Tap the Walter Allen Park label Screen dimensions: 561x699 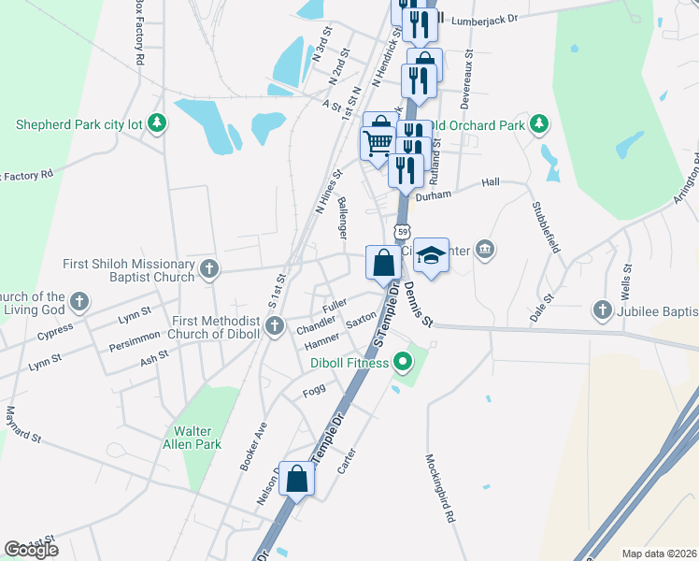tap(192, 438)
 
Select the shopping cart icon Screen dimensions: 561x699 tap(378, 144)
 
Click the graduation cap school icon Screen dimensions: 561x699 tap(431, 253)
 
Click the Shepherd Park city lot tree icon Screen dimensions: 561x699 tap(158, 123)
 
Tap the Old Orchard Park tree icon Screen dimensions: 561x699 tap(538, 124)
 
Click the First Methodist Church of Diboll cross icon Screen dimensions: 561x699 tap(274, 326)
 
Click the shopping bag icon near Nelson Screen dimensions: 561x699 tap(296, 479)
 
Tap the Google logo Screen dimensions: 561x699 tap(31, 550)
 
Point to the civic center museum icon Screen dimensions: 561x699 tap(484, 249)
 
